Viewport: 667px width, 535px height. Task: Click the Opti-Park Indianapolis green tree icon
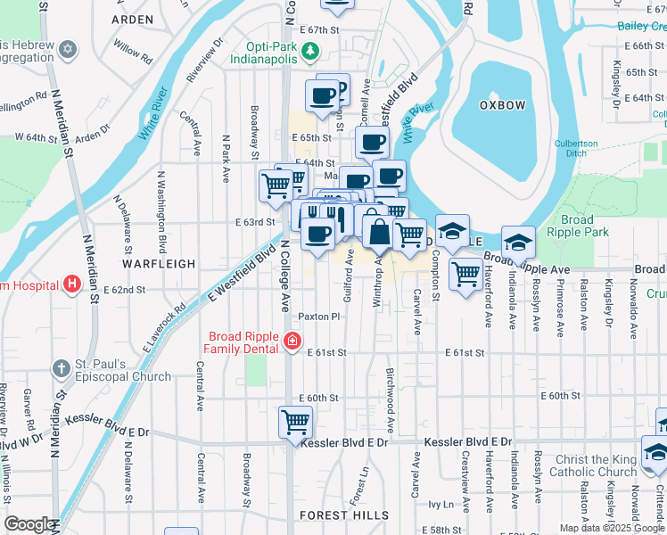click(x=310, y=51)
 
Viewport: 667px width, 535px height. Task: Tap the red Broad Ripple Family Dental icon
click(x=291, y=341)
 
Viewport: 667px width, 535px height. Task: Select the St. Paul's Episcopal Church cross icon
click(x=61, y=368)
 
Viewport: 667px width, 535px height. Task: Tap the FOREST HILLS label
click(x=344, y=515)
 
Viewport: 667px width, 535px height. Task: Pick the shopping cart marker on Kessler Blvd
click(x=295, y=422)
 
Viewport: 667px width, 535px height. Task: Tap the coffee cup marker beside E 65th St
click(x=372, y=142)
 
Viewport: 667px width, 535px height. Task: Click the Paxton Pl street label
click(x=319, y=317)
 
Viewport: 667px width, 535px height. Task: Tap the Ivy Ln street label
click(x=441, y=504)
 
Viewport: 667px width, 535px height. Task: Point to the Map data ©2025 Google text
click(x=611, y=528)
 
